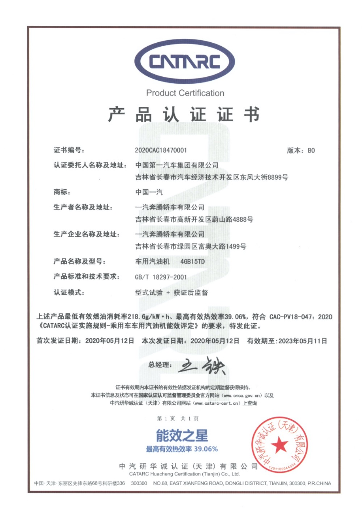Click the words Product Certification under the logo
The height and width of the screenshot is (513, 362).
tap(185, 93)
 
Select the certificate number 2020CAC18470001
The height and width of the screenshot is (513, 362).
tap(161, 150)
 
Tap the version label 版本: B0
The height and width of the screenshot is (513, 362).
tap(301, 151)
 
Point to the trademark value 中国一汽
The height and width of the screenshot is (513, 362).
tap(149, 192)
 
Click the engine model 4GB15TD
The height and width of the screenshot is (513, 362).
tap(193, 261)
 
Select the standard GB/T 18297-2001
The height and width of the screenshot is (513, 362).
tap(161, 277)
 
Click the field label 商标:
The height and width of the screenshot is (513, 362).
tap(62, 192)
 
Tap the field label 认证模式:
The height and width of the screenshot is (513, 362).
tap(69, 292)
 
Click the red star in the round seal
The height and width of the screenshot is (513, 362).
tap(279, 445)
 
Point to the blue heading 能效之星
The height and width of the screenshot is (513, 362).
tap(182, 435)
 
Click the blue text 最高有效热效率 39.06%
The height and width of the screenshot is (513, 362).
tap(182, 449)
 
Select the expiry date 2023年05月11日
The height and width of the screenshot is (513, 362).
tap(303, 341)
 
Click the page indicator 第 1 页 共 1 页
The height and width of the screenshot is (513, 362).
tap(178, 419)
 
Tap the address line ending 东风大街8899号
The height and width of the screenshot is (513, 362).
tap(211, 177)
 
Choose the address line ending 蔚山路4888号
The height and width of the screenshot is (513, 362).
tap(194, 219)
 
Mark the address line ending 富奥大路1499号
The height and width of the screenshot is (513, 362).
tap(190, 246)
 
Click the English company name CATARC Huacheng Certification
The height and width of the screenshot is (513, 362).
tap(184, 474)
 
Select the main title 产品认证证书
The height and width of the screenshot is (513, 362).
tap(184, 114)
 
